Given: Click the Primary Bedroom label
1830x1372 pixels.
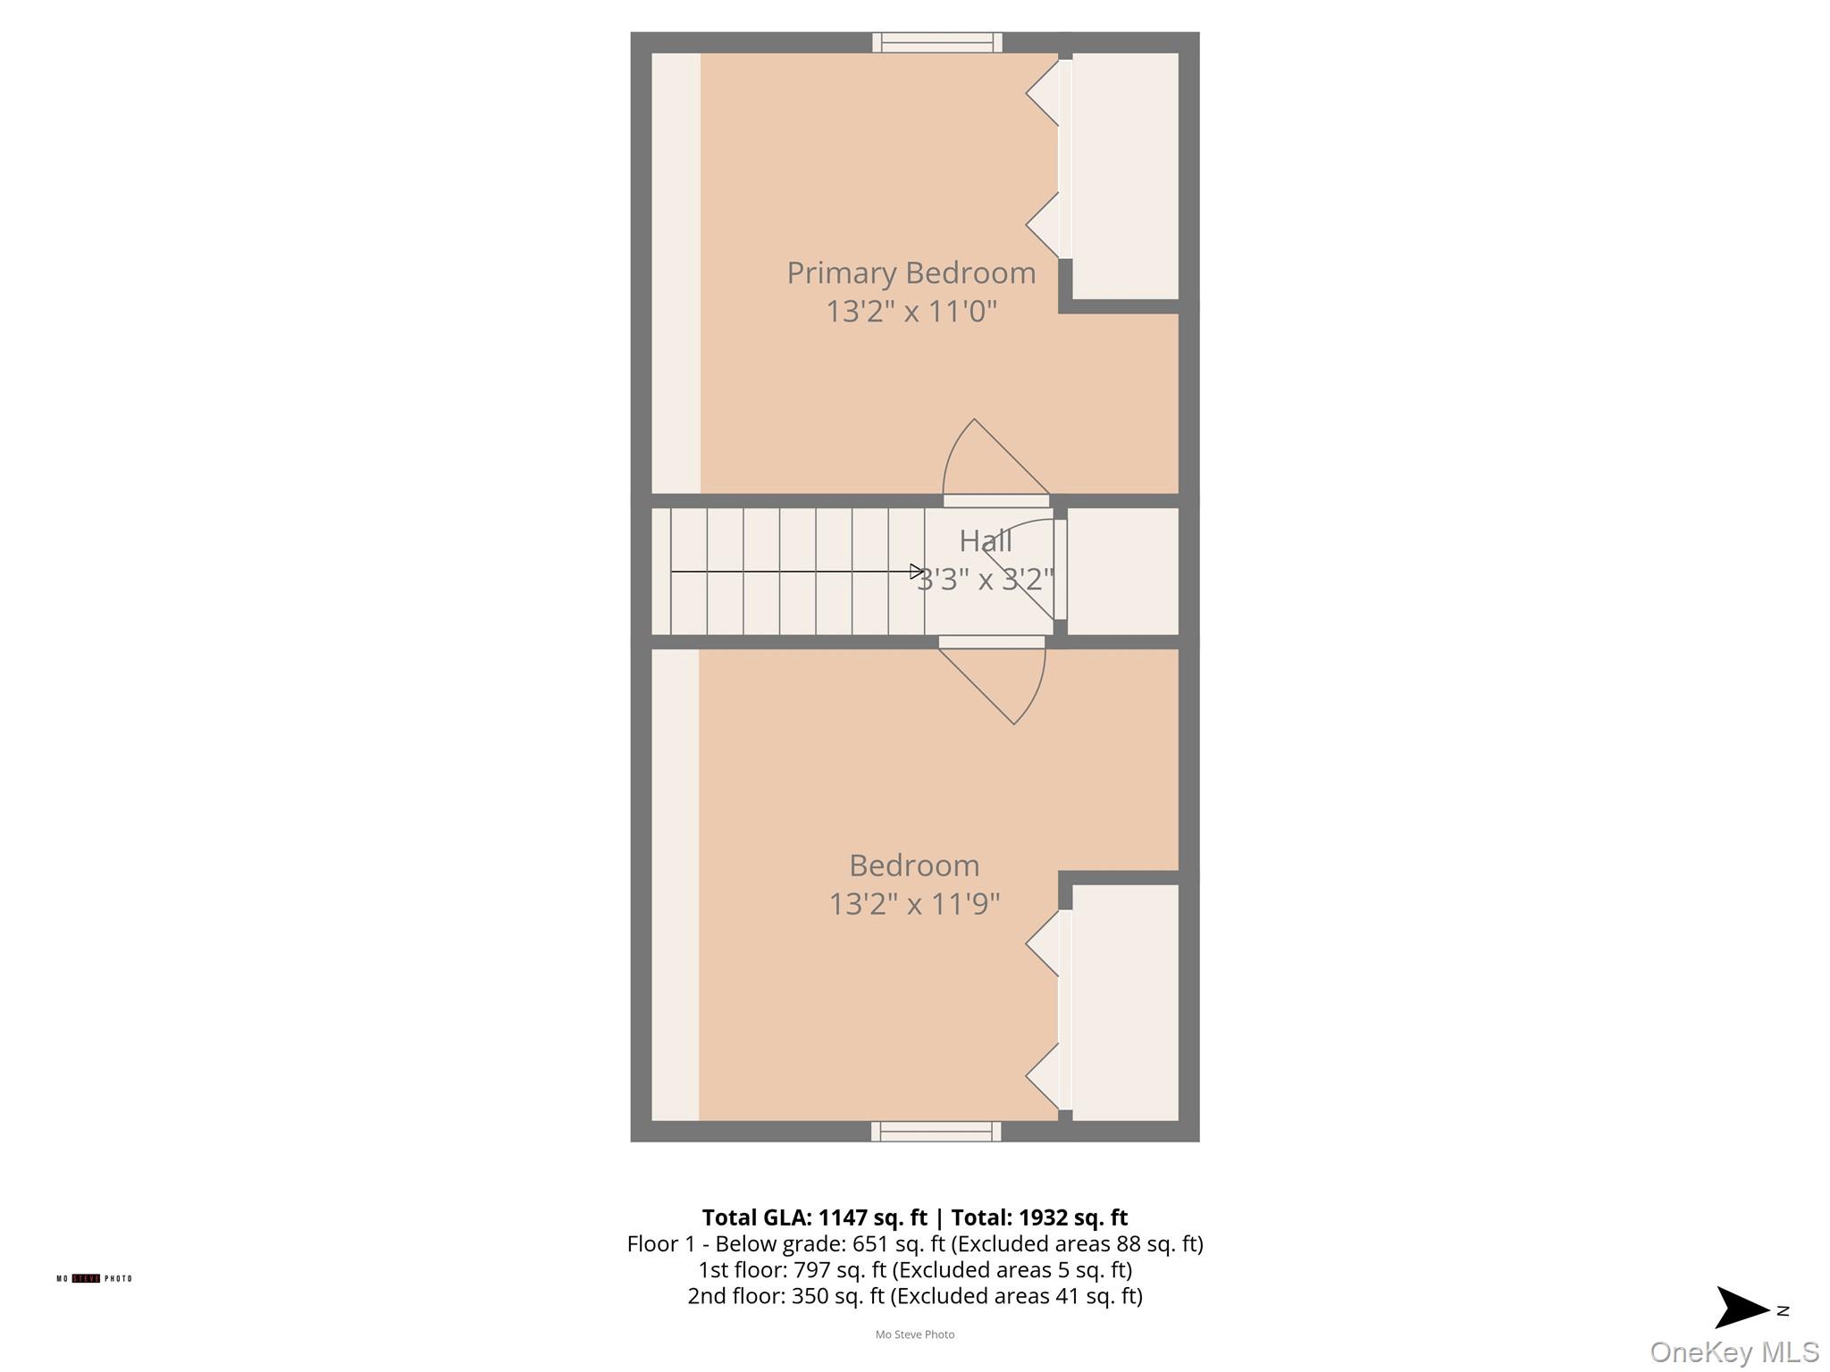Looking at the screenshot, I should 911,272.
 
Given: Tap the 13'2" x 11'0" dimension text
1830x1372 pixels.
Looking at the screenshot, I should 911,312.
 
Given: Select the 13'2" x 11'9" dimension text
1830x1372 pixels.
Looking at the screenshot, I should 914,904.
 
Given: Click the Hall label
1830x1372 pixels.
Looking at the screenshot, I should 985,541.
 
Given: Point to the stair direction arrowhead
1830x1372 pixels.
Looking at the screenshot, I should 916,571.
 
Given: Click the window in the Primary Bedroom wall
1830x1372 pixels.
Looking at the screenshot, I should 936,42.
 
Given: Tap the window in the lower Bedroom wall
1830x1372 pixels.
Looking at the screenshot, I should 936,1132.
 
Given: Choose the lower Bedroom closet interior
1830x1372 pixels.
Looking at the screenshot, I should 1124,1002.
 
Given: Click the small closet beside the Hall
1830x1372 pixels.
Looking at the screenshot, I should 1122,571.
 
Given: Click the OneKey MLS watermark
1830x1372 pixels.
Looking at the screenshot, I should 1733,1351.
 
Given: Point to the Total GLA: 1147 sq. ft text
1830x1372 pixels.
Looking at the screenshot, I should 814,1217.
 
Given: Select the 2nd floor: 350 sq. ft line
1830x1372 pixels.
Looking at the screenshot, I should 915,1296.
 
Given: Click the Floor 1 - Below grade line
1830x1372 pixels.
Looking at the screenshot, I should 915,1243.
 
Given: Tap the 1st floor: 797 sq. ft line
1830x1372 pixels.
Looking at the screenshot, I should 915,1269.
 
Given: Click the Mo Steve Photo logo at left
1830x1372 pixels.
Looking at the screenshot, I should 94,1278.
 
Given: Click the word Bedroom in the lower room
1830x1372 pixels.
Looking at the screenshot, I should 914,866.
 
